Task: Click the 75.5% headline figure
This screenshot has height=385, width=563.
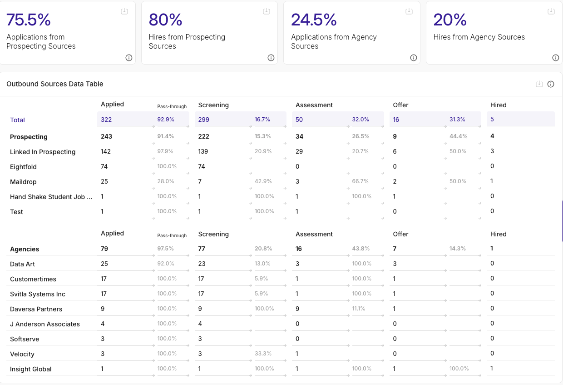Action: pos(29,20)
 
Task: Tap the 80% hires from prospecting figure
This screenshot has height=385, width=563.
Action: pos(166,20)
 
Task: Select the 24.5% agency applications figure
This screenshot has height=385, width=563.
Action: pos(314,20)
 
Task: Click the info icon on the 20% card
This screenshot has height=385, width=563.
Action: pos(555,58)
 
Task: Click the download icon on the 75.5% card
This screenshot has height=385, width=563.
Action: pos(124,11)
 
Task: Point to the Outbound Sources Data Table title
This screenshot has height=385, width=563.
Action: pos(55,84)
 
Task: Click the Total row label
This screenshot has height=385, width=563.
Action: pos(18,120)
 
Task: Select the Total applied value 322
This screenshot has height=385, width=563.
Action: pos(106,120)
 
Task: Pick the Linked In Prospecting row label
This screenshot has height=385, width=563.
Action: pos(43,152)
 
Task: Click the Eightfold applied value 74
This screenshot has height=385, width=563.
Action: pos(104,166)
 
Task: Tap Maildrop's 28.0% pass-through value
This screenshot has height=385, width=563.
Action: pos(166,181)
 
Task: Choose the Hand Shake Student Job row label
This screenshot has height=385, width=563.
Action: pos(51,197)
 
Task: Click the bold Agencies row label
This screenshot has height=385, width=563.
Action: pos(25,249)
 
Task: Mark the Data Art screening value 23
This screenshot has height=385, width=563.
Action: pos(202,264)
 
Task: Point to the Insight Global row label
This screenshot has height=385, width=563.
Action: pos(31,369)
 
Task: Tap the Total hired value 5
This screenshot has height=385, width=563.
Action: pos(492,120)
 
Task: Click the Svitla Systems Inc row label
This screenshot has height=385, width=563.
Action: pos(38,294)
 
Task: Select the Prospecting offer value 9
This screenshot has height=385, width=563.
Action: pos(395,136)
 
